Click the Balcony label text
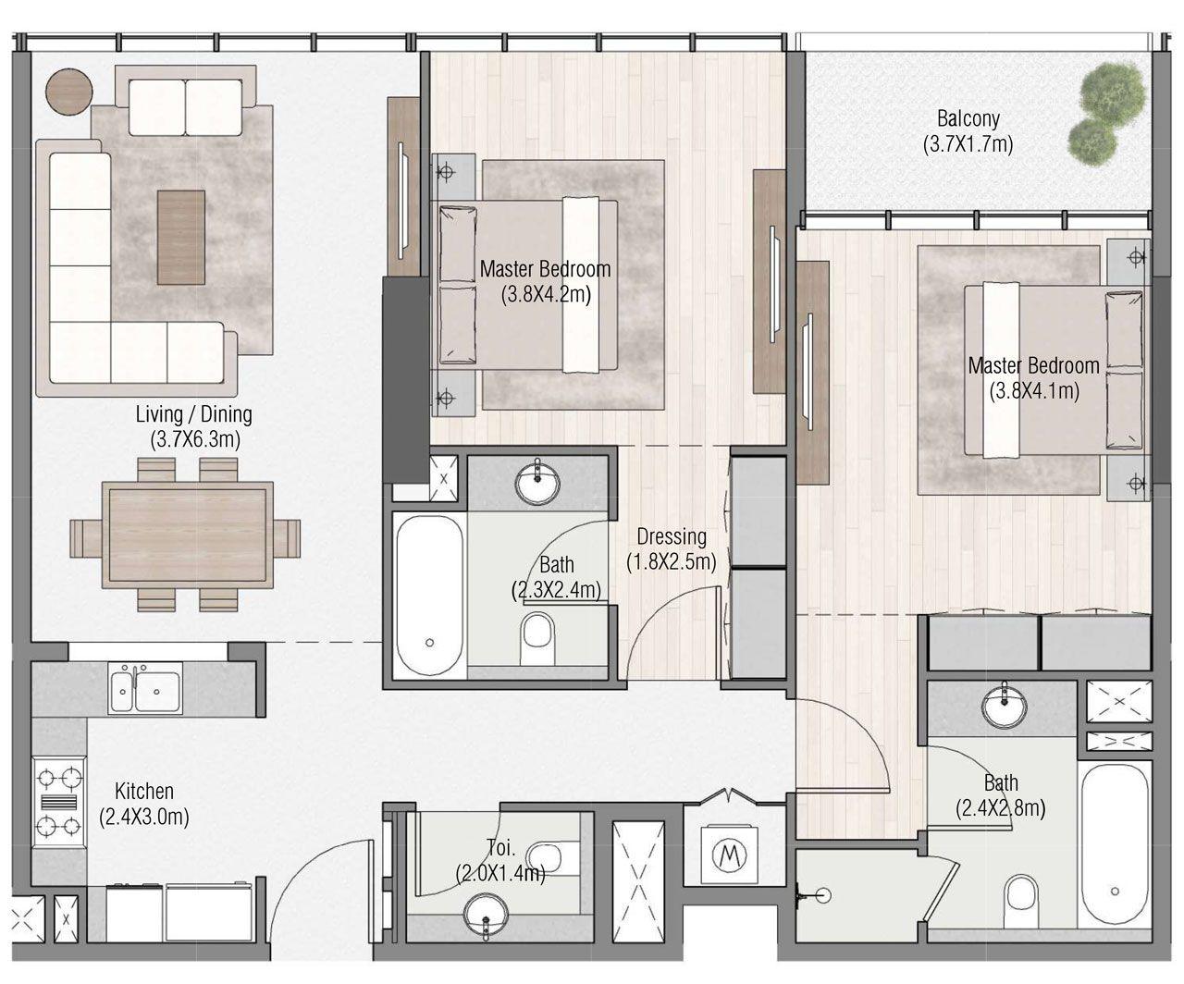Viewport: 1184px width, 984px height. point(968,118)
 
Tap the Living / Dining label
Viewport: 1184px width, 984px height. point(193,414)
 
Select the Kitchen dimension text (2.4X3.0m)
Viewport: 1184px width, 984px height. point(144,817)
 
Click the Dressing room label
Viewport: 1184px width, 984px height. point(672,536)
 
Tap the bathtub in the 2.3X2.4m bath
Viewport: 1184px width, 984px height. point(429,596)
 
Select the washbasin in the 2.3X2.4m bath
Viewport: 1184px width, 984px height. point(537,481)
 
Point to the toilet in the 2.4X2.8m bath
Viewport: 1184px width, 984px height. point(1021,895)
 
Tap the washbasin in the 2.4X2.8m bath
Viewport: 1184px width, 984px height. point(1003,707)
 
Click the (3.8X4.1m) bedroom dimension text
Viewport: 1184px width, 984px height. point(1034,390)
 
